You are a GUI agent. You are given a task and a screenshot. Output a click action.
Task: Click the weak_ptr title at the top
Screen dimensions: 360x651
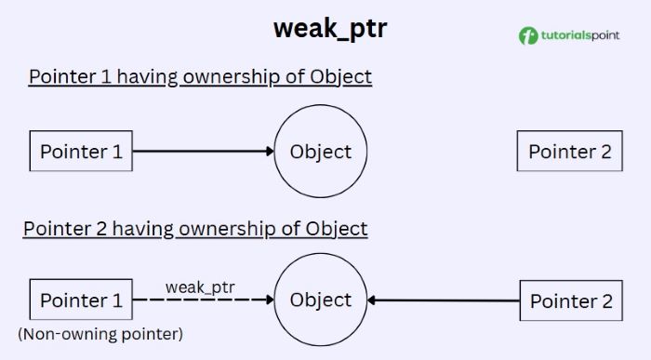330,28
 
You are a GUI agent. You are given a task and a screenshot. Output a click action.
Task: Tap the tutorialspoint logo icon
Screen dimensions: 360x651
528,36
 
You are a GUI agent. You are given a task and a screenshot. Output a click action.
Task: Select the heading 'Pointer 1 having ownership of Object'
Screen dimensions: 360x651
200,76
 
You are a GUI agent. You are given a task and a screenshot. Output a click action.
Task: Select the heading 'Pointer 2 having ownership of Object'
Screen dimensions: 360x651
195,228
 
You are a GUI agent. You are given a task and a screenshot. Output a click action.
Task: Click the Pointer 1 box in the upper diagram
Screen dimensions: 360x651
81,152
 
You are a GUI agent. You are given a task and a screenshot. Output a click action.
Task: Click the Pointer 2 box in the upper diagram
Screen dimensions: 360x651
570,152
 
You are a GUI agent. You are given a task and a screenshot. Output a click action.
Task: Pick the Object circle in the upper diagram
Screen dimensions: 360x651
321,152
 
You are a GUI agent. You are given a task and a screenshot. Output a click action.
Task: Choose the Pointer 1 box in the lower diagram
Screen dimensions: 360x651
81,300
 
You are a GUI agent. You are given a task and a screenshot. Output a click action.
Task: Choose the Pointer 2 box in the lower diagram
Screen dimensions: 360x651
571,300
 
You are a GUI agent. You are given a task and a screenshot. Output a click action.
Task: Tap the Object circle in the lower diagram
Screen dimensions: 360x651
321,300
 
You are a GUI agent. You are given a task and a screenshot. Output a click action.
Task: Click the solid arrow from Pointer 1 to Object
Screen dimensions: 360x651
200,152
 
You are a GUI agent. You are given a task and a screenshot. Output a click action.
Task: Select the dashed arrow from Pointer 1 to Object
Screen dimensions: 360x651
200,300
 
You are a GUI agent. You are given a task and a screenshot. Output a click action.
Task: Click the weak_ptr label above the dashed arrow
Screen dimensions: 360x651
200,286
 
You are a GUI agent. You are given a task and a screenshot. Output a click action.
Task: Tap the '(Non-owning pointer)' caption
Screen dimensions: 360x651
100,333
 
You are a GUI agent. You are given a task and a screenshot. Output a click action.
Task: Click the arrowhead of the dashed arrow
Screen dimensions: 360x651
270,300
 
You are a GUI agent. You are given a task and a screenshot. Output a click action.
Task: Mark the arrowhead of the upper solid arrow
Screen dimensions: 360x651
270,152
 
